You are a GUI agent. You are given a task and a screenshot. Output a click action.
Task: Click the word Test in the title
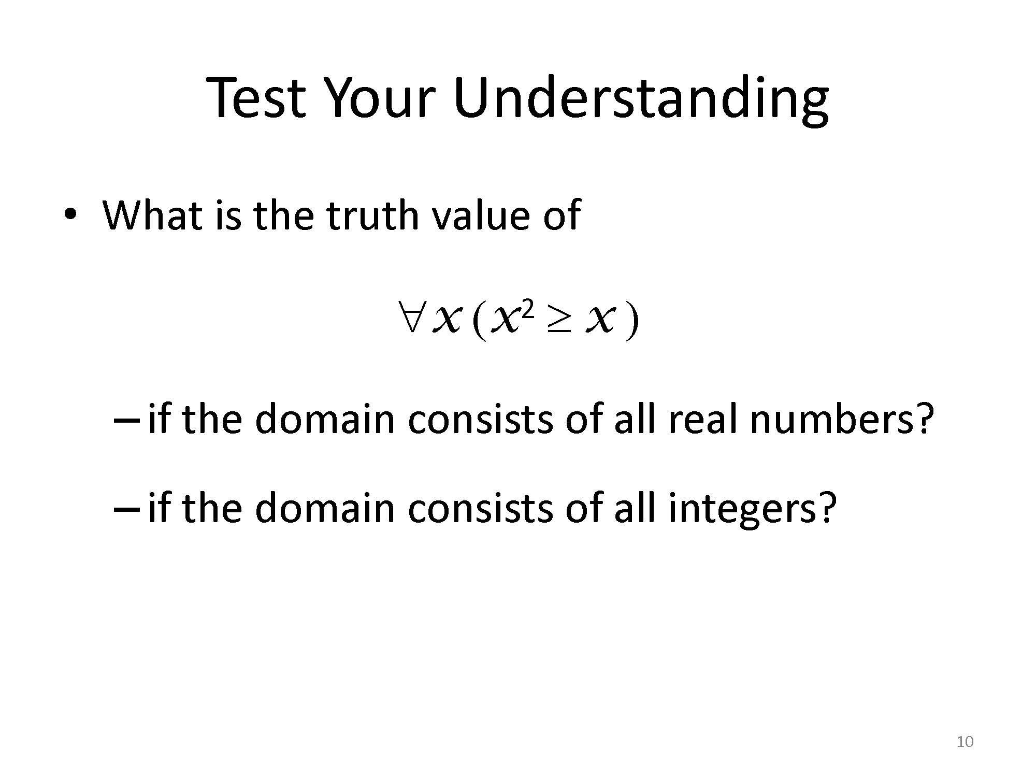click(x=256, y=97)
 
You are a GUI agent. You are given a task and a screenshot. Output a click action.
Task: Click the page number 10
click(x=965, y=742)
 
